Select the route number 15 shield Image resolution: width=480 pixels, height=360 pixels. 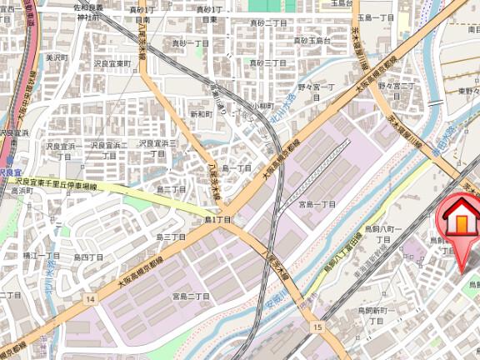[317, 327]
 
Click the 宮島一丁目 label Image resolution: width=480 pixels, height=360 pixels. [317, 204]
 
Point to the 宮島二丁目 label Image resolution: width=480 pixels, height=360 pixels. [190, 296]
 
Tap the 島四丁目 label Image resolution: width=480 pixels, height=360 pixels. [88, 257]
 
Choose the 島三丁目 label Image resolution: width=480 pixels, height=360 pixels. [170, 237]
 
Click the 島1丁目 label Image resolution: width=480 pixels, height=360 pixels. [217, 219]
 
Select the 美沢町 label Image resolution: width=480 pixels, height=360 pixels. [55, 57]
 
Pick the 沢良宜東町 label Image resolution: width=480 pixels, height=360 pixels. [113, 63]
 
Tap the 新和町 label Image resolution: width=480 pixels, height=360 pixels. [202, 113]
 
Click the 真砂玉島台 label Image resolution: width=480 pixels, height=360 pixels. [312, 40]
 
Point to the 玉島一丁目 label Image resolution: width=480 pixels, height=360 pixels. [375, 17]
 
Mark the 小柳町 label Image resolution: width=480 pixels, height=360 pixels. [263, 106]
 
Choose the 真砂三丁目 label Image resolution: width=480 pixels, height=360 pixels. [269, 63]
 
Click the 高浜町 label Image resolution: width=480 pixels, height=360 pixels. [20, 190]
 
